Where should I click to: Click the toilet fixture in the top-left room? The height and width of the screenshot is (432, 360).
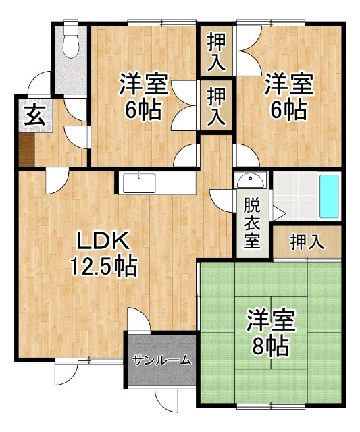71,40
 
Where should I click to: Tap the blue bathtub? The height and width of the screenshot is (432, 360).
329,196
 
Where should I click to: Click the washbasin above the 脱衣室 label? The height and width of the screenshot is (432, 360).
251,180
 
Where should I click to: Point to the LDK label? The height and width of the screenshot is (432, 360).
103,240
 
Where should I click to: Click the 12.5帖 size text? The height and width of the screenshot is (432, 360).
103,266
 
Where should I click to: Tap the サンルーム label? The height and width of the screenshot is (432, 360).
161,360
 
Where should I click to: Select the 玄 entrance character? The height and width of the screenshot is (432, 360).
35,115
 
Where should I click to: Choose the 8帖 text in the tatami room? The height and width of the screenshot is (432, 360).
270,346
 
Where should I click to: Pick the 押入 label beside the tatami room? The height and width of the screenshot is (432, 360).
307,243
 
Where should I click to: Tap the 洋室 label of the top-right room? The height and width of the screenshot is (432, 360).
289,84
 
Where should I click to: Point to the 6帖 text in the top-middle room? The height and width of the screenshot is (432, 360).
143,109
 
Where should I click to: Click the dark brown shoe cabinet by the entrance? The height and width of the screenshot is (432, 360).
26,149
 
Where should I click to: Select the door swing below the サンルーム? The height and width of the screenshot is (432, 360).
165,399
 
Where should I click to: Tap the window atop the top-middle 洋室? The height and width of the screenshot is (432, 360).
162,22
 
